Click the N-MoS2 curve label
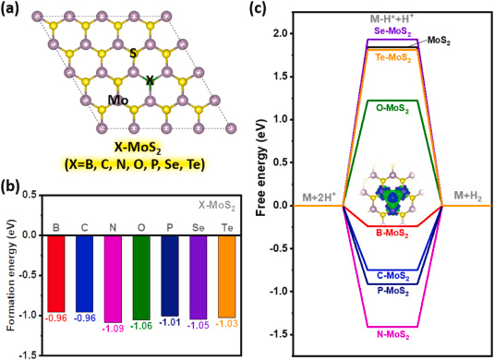(395, 338)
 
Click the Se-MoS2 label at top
(393, 30)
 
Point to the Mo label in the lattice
(117, 100)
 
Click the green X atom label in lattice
(151, 81)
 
